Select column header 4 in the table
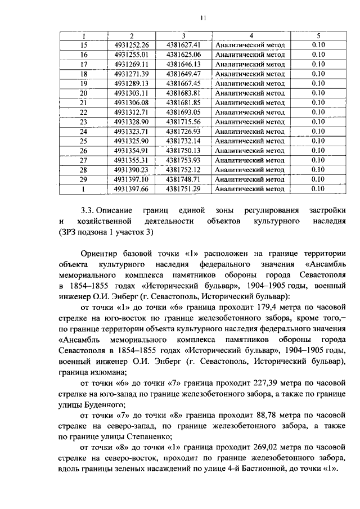point(250,35)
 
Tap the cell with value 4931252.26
point(130,45)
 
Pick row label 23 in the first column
point(84,121)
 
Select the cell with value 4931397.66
point(130,188)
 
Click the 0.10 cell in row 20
point(318,93)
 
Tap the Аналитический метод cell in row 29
point(250,179)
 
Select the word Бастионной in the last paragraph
point(267,469)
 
